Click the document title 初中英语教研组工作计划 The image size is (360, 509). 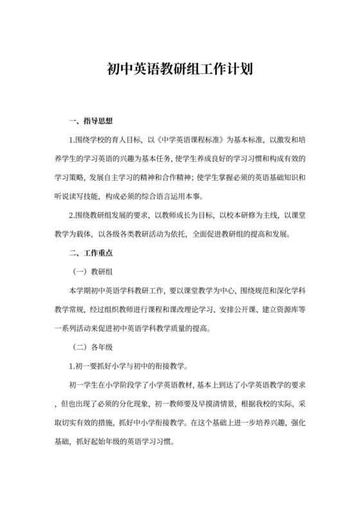pyautogui.click(x=179, y=68)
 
